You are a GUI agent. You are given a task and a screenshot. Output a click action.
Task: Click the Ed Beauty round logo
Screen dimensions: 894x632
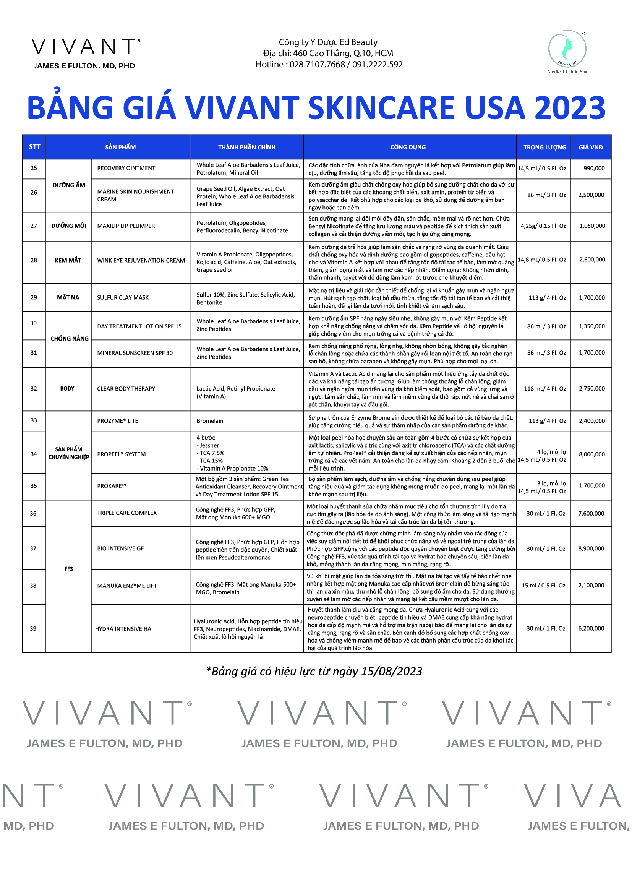pos(567,49)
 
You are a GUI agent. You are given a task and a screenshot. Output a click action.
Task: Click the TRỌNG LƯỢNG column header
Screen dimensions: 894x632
pos(544,147)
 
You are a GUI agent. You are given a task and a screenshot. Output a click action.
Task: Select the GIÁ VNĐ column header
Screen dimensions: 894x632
pos(590,147)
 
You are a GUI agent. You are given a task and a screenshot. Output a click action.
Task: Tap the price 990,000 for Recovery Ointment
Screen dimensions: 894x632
pos(594,168)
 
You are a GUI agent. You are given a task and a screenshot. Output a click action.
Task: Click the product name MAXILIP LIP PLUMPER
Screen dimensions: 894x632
pos(126,226)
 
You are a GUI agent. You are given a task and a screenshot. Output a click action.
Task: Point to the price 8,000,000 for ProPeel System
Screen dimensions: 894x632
pos(591,454)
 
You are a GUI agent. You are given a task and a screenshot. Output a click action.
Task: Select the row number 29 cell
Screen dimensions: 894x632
pos(34,297)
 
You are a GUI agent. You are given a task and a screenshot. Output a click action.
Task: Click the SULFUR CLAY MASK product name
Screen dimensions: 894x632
pos(123,297)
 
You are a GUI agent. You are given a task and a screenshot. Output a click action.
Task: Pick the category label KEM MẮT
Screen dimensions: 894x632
pos(68,260)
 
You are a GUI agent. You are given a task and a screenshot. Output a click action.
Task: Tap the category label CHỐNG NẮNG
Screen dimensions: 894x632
pos(69,339)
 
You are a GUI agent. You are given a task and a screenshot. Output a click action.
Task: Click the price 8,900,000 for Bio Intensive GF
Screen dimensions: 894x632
pos(591,548)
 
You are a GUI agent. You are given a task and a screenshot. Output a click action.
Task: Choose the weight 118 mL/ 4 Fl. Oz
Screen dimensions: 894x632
pos(545,389)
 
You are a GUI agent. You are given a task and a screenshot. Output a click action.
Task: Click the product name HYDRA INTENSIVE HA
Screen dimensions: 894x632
pos(123,629)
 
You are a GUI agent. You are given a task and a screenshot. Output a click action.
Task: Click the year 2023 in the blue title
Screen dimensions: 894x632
pos(570,108)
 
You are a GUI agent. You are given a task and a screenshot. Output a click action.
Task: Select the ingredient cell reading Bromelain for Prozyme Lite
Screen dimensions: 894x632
pos(210,421)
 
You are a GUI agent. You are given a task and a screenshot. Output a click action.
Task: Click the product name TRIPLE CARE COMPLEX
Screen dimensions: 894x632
pos(127,513)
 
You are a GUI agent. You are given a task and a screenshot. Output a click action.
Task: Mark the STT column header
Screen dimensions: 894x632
pos(34,147)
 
